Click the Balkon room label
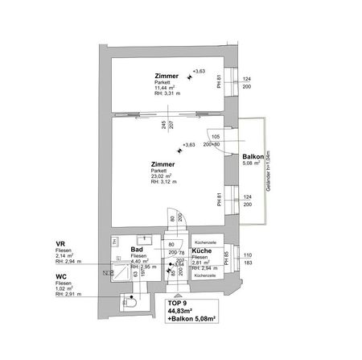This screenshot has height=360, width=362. (x=253, y=158)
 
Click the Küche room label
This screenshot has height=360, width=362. (x=202, y=251)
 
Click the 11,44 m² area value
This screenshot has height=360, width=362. (x=167, y=88)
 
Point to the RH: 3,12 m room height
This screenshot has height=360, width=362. (x=165, y=184)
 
